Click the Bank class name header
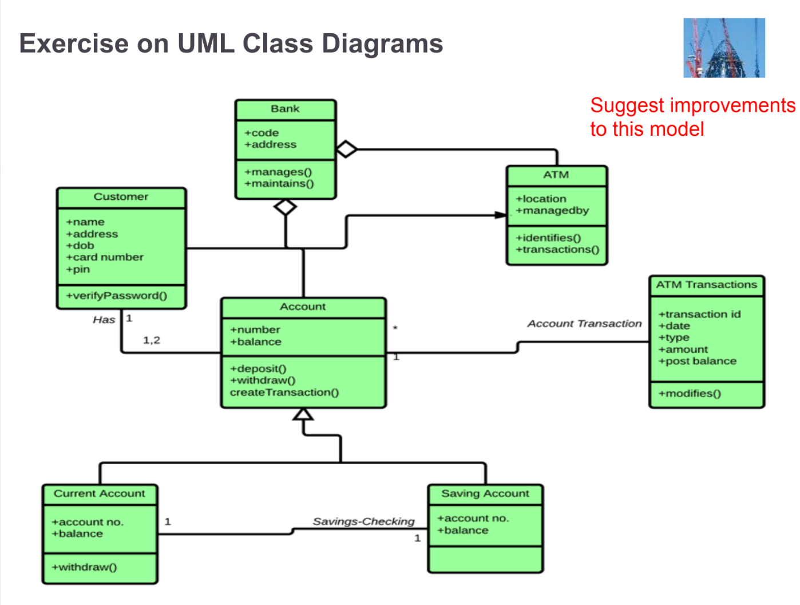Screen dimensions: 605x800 pyautogui.click(x=285, y=109)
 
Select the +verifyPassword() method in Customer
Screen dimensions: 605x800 pyautogui.click(x=117, y=296)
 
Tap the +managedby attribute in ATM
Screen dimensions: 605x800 pyautogui.click(x=552, y=211)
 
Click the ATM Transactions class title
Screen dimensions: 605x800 pyautogui.click(x=706, y=285)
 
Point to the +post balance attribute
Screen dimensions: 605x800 pyautogui.click(x=698, y=361)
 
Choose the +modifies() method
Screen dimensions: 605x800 pyautogui.click(x=690, y=394)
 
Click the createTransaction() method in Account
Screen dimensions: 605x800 pyautogui.click(x=284, y=392)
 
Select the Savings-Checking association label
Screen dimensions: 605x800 pyautogui.click(x=363, y=521)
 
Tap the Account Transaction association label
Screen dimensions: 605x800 pyautogui.click(x=584, y=324)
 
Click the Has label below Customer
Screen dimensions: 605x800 pyautogui.click(x=104, y=320)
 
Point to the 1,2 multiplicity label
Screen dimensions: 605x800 pyautogui.click(x=152, y=340)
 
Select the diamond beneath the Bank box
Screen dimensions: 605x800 pyautogui.click(x=286, y=207)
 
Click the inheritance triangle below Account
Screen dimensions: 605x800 pyautogui.click(x=303, y=414)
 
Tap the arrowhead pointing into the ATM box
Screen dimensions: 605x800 pyautogui.click(x=501, y=215)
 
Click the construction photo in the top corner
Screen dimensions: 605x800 pyautogui.click(x=724, y=48)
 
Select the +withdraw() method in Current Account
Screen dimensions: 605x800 pyautogui.click(x=84, y=567)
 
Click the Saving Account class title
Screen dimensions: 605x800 pyautogui.click(x=485, y=493)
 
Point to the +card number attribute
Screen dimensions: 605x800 pyautogui.click(x=105, y=257)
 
